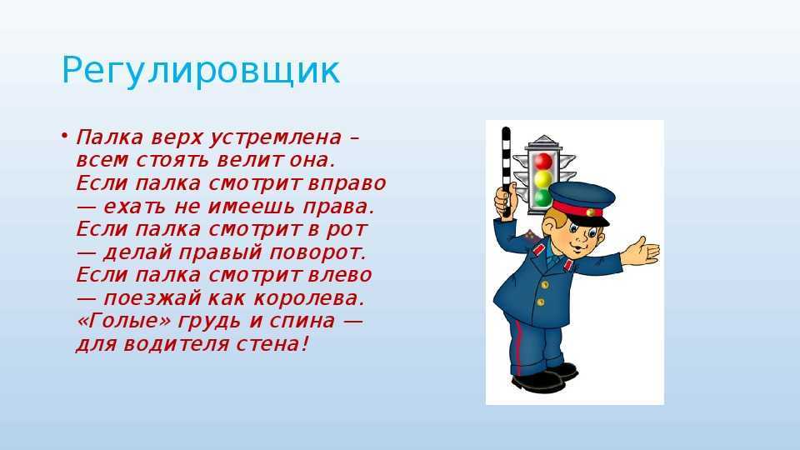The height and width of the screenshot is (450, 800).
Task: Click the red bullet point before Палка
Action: coord(64,136)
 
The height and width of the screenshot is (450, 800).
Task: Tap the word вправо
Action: coord(347,183)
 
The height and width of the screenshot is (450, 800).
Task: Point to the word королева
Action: coord(309,298)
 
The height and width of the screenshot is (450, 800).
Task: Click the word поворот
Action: coord(317,252)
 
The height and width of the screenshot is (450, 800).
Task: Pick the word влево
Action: coord(340,276)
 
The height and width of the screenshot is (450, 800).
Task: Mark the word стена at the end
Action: coord(272,344)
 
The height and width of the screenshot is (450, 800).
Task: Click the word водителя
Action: coord(177,344)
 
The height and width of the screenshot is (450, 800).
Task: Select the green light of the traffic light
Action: coord(542,197)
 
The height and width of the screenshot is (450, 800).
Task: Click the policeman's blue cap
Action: coord(582,202)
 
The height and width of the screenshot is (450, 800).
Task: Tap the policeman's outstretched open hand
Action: coord(642,251)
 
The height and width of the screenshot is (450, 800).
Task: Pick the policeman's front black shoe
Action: coord(537,381)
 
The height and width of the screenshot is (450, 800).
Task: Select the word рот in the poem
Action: coord(347,230)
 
